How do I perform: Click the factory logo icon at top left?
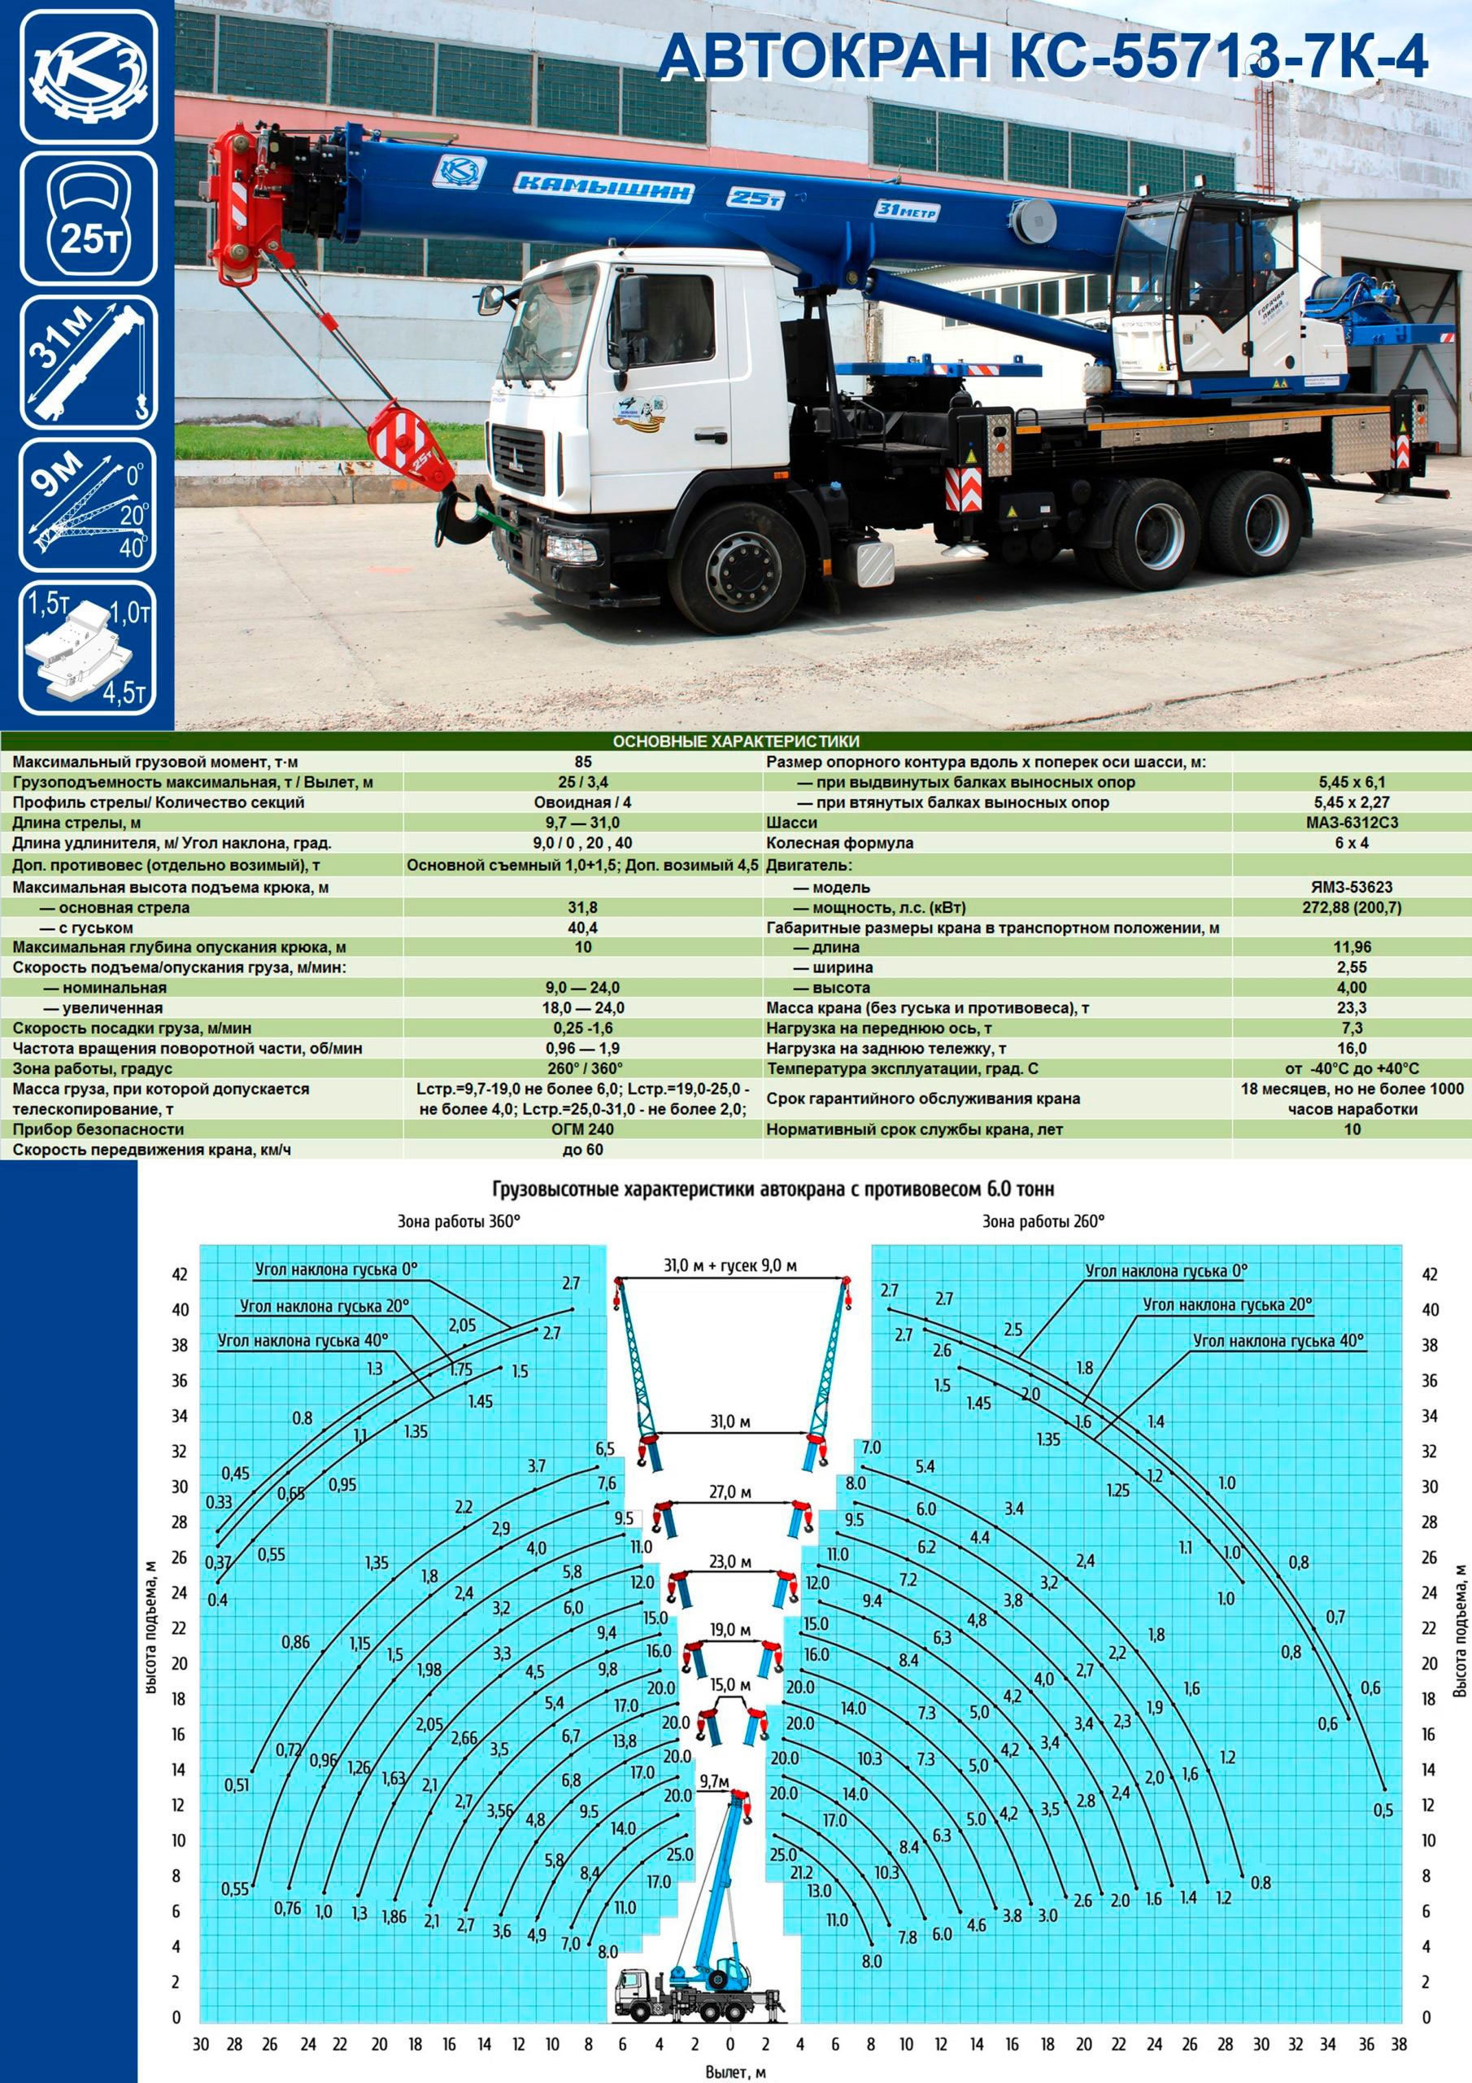click(x=88, y=77)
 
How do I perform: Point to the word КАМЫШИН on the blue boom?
click(x=603, y=187)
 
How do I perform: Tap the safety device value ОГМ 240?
click(x=582, y=1129)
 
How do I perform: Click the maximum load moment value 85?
click(x=582, y=762)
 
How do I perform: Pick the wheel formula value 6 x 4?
click(x=1352, y=843)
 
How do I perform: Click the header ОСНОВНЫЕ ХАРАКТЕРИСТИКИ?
click(x=735, y=741)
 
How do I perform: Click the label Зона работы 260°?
click(x=1043, y=1222)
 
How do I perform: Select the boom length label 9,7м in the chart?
click(x=715, y=1782)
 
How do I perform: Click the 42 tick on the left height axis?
click(x=180, y=1275)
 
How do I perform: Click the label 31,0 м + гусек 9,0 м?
click(x=730, y=1264)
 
